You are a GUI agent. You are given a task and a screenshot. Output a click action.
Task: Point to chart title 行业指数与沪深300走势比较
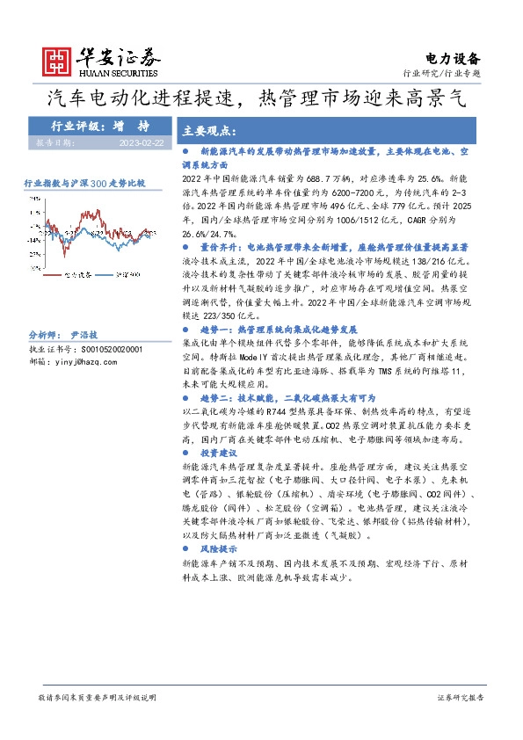coord(84,183)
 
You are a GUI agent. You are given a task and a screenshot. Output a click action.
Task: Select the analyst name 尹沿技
coord(84,336)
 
